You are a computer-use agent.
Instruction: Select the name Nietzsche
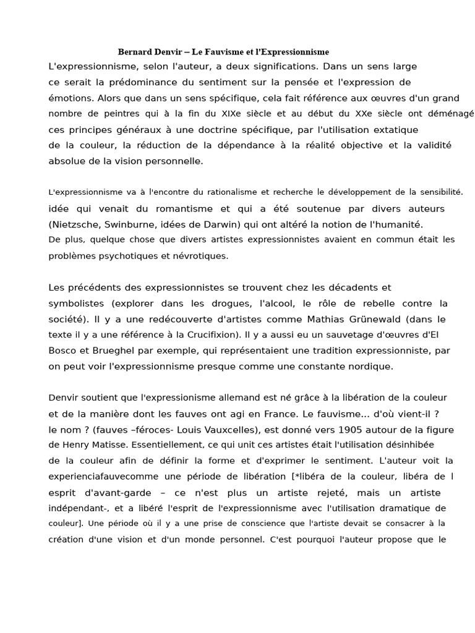[74, 224]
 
